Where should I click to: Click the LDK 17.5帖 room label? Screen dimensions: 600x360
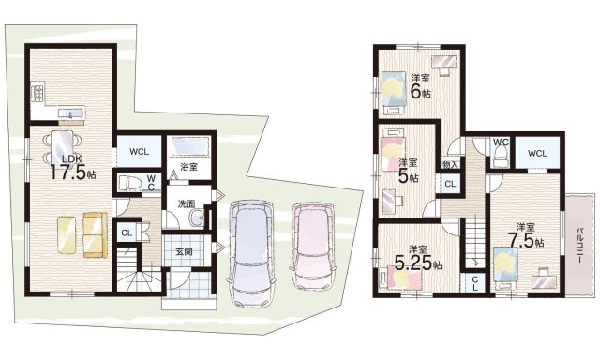click(73, 168)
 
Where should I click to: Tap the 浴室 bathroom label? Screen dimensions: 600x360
click(189, 167)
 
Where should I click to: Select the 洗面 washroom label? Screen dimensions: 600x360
click(186, 204)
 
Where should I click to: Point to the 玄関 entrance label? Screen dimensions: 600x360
click(184, 252)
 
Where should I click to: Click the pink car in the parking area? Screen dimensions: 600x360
click(313, 246)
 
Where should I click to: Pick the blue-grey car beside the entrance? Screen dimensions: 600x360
click(251, 253)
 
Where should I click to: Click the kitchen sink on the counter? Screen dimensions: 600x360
click(71, 112)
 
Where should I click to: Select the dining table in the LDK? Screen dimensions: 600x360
click(62, 147)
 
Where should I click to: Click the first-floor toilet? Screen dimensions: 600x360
click(129, 183)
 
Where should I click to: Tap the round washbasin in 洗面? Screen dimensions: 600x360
click(198, 218)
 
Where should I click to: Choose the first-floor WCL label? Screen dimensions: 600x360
click(140, 152)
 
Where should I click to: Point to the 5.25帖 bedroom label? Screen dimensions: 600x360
click(418, 258)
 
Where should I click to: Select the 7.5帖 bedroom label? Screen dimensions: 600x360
click(526, 236)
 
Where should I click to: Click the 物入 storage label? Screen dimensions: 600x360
click(450, 164)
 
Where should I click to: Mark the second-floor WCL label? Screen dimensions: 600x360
click(537, 154)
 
